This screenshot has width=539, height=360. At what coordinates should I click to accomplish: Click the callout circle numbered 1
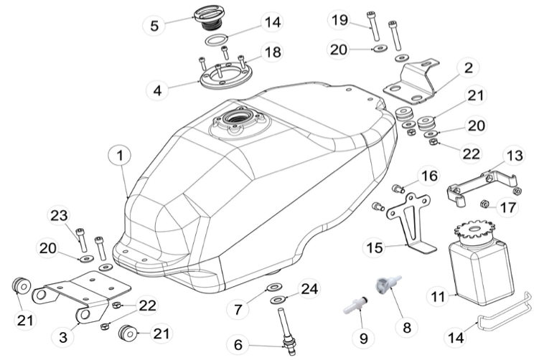coord(121,155)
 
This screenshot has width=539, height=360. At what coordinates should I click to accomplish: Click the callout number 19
coord(339,20)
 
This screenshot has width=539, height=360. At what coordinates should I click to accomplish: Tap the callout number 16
coord(429,176)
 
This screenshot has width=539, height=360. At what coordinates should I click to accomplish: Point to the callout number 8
coord(407,327)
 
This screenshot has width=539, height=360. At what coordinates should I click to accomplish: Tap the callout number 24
coord(309,289)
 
